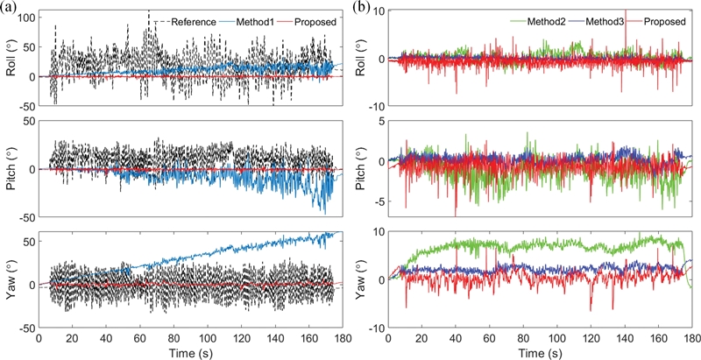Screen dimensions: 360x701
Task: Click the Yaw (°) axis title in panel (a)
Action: tap(10, 280)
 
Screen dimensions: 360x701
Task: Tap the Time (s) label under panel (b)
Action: tap(538, 352)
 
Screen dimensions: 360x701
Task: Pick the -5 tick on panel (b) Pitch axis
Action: tap(381, 201)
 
